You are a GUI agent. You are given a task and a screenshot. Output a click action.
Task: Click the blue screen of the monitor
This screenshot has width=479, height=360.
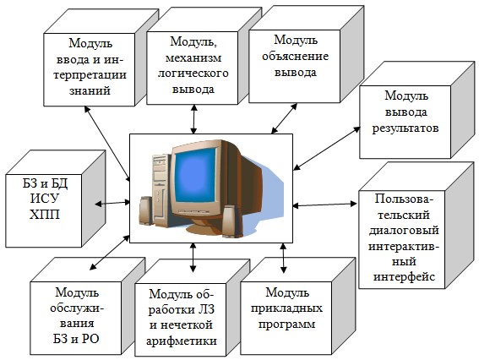196,175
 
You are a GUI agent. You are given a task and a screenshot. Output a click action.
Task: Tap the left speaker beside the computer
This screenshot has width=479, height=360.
145,211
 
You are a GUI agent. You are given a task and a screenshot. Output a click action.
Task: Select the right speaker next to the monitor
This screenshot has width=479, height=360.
229,221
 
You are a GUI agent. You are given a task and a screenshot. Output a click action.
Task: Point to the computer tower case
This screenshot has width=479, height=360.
161,189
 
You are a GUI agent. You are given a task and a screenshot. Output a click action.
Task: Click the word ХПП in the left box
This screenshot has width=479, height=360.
45,215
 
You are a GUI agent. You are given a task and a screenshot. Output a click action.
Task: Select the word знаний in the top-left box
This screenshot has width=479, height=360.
90,90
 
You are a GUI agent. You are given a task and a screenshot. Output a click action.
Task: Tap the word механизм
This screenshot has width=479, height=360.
193,57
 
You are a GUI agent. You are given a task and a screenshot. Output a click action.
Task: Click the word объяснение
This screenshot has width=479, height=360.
295,57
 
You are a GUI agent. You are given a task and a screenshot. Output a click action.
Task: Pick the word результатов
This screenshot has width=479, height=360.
406,128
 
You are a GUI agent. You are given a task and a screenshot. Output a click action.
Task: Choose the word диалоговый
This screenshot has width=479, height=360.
404,230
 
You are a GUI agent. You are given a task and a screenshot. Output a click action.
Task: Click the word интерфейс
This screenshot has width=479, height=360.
404,277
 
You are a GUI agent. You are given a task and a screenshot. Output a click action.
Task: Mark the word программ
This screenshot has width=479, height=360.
286,325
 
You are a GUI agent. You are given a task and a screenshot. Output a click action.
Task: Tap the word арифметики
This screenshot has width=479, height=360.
182,341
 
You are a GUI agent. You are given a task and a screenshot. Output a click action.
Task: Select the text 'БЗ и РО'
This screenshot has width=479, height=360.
76,339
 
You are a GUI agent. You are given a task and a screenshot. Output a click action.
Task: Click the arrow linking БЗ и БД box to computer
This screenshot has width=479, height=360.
112,203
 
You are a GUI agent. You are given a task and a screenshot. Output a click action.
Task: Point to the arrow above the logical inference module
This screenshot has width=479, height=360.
193,119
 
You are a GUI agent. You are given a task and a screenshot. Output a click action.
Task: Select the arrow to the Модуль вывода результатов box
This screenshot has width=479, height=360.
327,148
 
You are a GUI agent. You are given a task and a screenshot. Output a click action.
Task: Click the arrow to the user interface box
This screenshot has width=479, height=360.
324,205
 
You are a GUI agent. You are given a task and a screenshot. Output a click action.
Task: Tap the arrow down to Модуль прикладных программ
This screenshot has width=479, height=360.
284,258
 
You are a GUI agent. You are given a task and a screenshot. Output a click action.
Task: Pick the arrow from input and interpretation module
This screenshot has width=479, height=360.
107,144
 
